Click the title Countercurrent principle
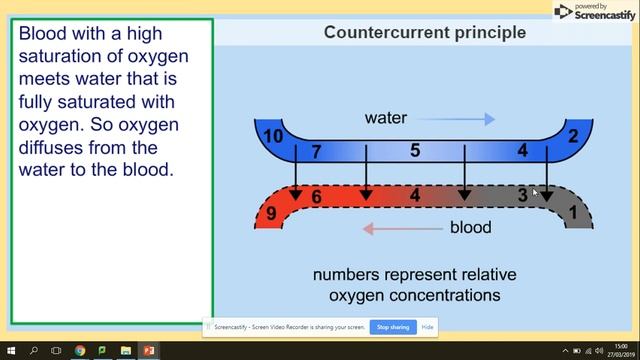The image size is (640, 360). click(425, 32)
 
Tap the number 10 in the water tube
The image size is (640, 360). click(271, 136)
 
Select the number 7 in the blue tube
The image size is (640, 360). click(316, 153)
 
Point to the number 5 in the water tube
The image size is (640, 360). click(415, 151)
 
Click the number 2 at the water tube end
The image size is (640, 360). click(573, 136)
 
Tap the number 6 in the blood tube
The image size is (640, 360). click(316, 197)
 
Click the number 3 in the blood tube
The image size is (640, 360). click(522, 196)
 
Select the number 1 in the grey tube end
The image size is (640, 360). click(573, 212)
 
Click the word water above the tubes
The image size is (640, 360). click(386, 118)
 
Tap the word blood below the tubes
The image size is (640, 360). click(470, 227)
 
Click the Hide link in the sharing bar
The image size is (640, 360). click(428, 327)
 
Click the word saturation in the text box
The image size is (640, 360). click(65, 55)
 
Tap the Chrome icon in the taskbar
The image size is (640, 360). click(80, 352)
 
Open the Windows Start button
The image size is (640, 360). click(8, 352)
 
